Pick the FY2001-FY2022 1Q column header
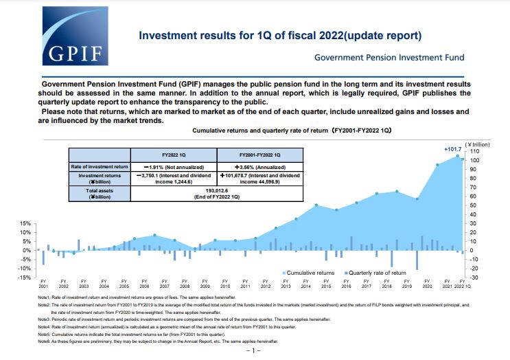pyautogui.click(x=259, y=155)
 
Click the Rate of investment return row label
pyautogui.click(x=101, y=167)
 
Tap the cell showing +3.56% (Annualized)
pyautogui.click(x=259, y=167)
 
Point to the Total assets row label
pyautogui.click(x=101, y=192)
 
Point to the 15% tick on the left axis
pyautogui.click(x=25, y=224)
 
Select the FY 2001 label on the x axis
pyautogui.click(x=43, y=284)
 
